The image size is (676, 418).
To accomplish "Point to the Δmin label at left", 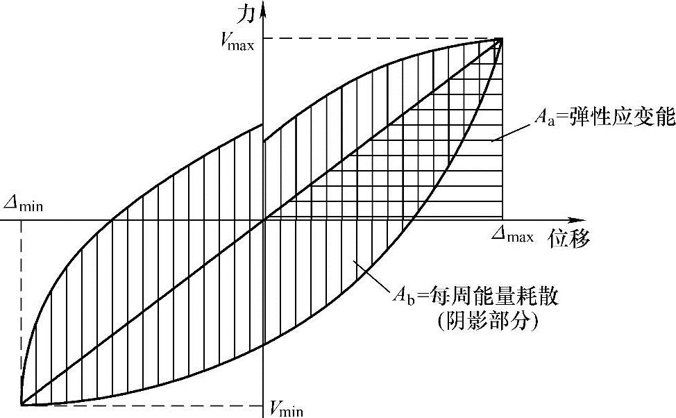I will click(24, 205).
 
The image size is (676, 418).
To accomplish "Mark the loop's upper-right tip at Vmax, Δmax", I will click(501, 39).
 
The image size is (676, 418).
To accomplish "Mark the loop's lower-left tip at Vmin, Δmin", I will click(22, 404).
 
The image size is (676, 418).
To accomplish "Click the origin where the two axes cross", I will click(264, 220).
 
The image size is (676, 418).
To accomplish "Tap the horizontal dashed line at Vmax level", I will click(382, 38).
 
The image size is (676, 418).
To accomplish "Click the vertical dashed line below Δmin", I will click(22, 312).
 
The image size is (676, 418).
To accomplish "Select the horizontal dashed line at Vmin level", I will click(139, 405).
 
